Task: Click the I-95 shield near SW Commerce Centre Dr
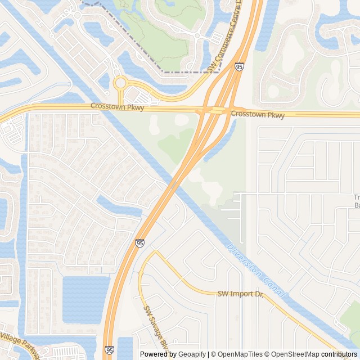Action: tap(240, 66)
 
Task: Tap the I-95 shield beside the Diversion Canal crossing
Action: tap(139, 243)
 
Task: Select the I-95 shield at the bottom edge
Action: tap(109, 350)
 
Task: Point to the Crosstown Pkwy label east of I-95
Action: tap(257, 114)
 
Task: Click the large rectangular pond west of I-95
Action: tap(85, 299)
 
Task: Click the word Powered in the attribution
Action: tap(154, 354)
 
